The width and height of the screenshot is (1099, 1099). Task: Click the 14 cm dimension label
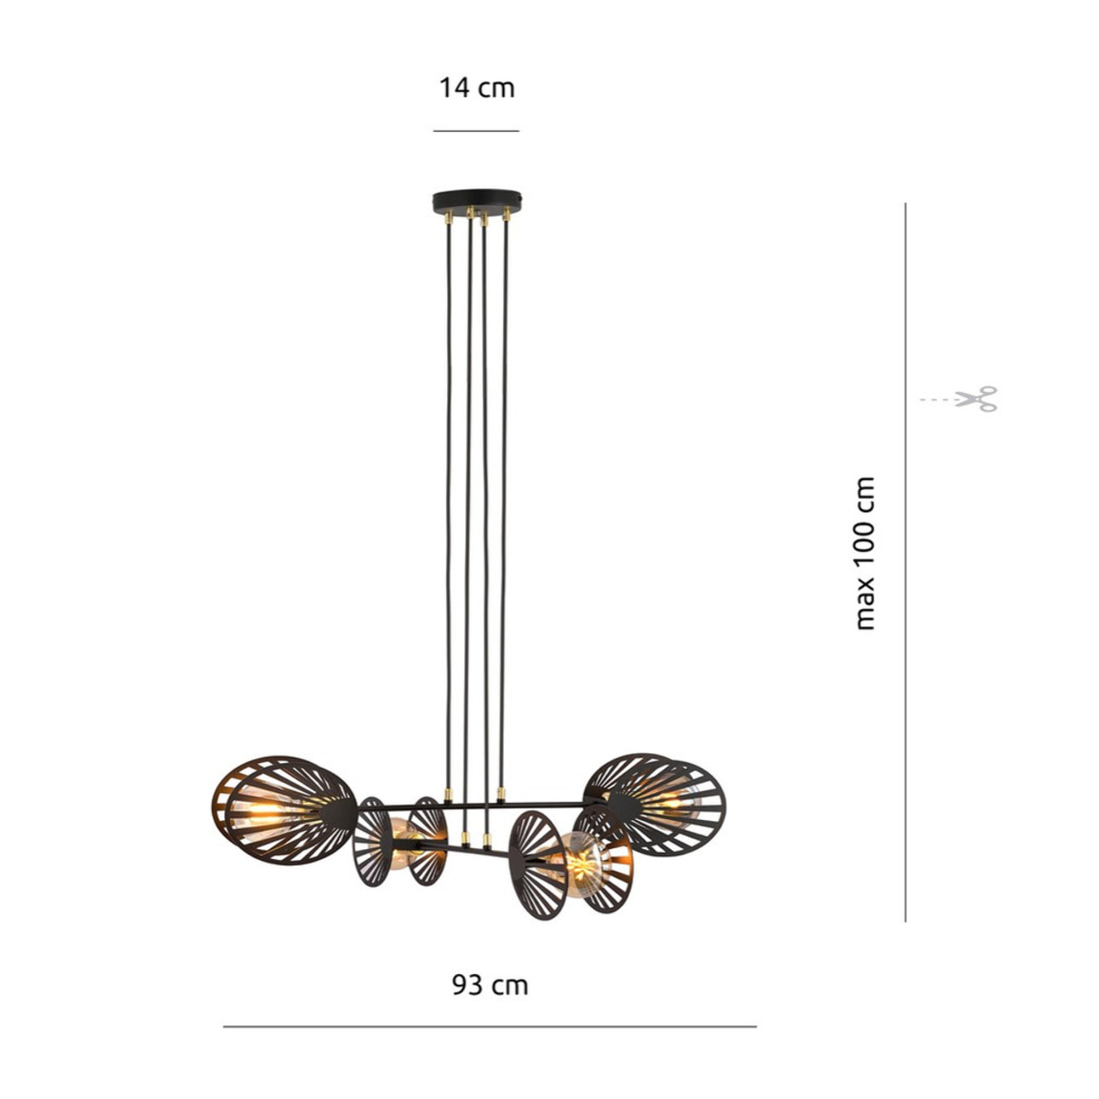477,89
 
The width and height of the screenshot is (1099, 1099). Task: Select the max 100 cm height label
865,553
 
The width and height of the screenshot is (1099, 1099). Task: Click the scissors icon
976,399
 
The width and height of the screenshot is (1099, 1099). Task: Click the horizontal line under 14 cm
476,132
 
